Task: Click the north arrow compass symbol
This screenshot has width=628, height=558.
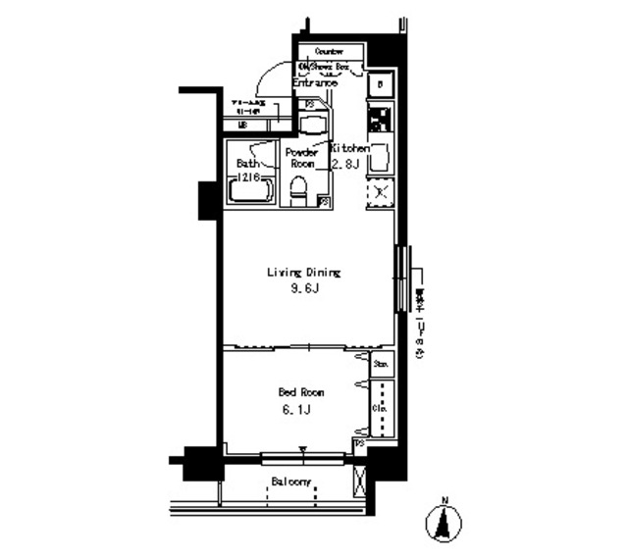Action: (443, 520)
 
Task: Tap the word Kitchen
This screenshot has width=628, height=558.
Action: (349, 148)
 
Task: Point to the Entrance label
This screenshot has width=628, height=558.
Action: (316, 83)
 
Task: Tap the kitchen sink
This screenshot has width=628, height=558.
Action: (381, 157)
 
